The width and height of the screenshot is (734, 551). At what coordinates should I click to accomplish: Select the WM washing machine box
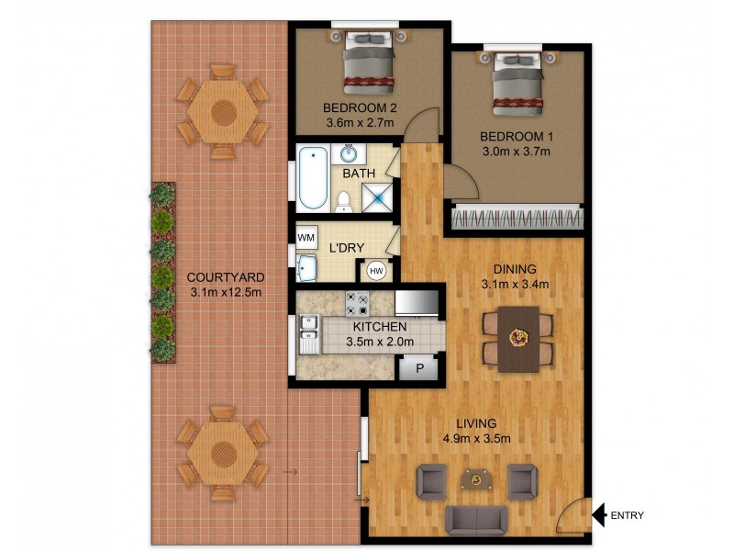tap(305, 237)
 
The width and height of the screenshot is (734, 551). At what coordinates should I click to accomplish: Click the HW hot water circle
tap(376, 271)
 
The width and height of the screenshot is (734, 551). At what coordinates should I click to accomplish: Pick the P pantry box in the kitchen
tap(419, 368)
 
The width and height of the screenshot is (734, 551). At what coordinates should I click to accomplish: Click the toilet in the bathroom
tap(344, 200)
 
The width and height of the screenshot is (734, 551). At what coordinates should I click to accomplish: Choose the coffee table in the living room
tap(475, 478)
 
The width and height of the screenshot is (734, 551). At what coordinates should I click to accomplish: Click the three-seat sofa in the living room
tap(475, 519)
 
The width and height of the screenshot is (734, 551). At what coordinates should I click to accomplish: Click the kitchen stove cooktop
tap(356, 304)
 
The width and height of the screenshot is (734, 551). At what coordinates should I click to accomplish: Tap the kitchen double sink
tap(307, 336)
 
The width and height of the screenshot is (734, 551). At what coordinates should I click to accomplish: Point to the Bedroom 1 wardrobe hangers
tap(517, 219)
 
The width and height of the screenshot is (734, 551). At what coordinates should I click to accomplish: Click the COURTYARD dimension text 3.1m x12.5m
tap(226, 293)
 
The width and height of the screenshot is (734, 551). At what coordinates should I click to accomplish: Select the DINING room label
tap(514, 269)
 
